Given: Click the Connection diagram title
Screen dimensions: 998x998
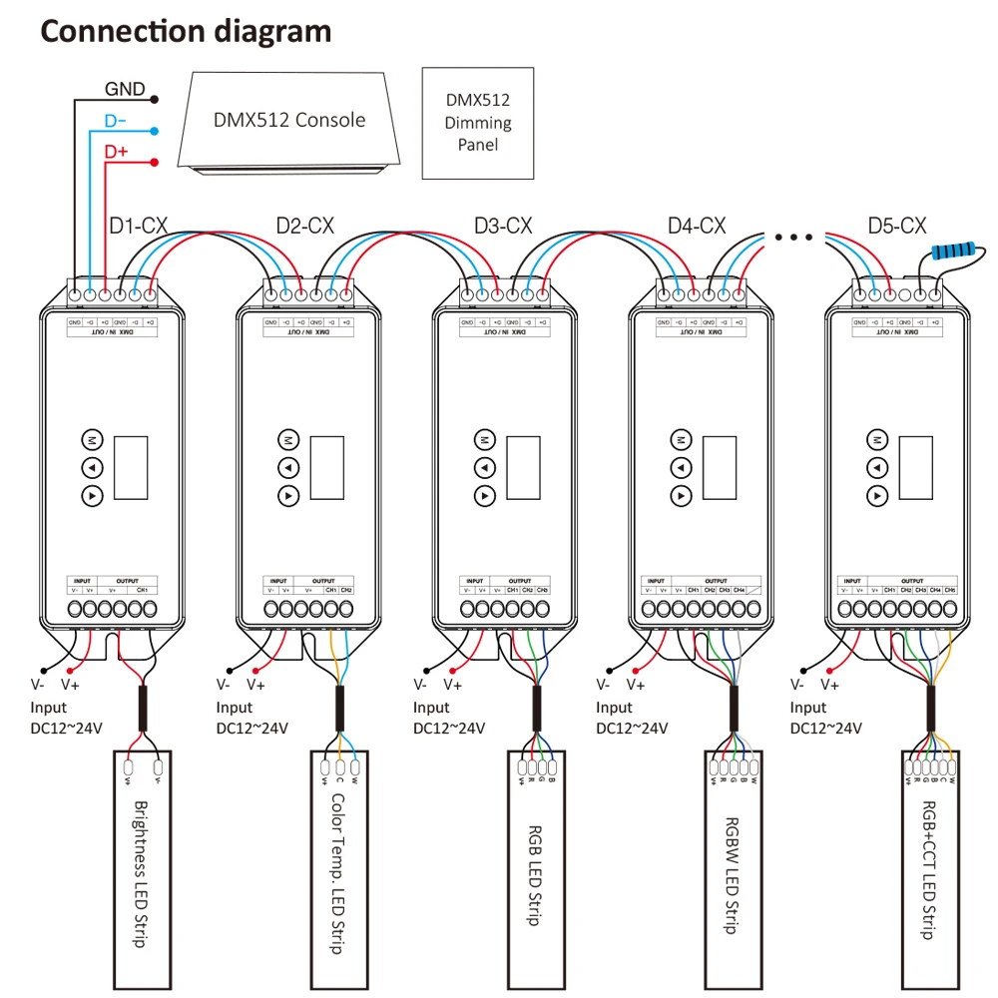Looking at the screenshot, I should coord(186,31).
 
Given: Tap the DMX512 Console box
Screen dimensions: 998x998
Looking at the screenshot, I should coord(289,121).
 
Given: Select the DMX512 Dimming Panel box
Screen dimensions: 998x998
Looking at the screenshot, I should coord(478,123).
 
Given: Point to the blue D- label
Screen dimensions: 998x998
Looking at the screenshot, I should coord(116,122).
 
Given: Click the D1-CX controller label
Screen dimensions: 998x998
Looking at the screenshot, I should coord(138,227).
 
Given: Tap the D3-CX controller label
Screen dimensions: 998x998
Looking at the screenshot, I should coord(503,227).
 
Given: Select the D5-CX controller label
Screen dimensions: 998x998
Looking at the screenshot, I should coord(897,227).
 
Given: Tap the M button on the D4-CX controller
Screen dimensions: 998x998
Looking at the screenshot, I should coord(681,439).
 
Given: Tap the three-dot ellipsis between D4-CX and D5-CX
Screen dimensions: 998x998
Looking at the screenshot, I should coord(793,238).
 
